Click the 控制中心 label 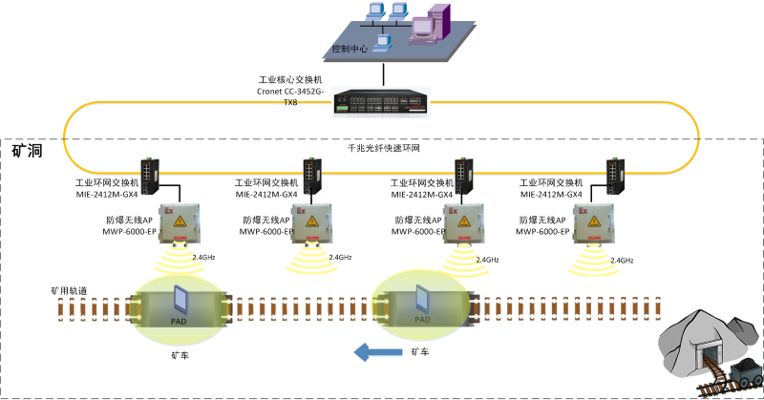click(x=350, y=48)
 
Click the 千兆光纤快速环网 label click(x=384, y=150)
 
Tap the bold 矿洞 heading click(x=26, y=151)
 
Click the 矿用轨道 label click(x=69, y=290)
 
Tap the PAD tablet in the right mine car click(x=421, y=303)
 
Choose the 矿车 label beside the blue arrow click(x=419, y=352)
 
